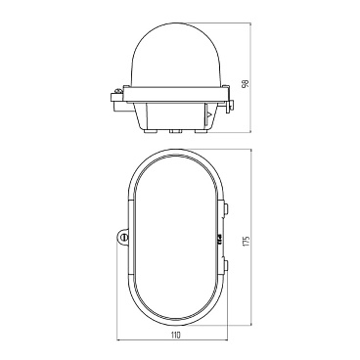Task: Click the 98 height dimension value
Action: [247, 83]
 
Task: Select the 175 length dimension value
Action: [247, 240]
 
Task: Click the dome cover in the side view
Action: [177, 56]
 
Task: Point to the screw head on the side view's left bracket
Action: [119, 89]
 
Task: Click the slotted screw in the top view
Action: [124, 238]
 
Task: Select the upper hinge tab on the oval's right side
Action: [226, 207]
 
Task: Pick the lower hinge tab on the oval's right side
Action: [226, 265]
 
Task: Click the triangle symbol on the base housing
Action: [209, 114]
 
